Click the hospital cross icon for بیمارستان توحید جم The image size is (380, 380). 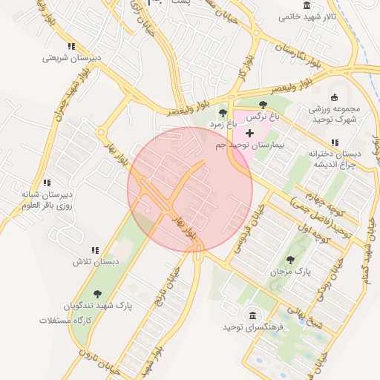(249, 133)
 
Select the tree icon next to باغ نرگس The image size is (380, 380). (263, 105)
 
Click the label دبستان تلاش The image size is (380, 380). (96, 262)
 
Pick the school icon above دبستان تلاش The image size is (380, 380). (95, 250)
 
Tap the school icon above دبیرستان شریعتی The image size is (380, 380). (71, 45)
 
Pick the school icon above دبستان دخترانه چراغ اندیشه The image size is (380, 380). (335, 142)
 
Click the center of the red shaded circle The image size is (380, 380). (190, 189)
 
